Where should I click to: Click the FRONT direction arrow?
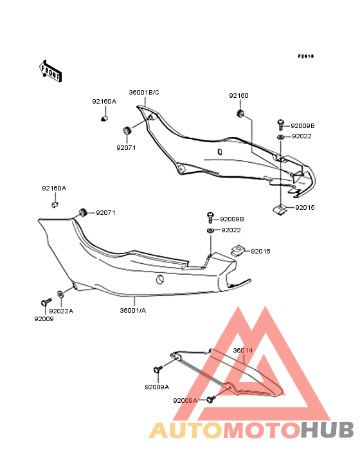50,71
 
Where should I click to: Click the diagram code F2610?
306,56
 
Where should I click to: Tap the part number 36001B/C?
144,93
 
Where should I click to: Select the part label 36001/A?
133,310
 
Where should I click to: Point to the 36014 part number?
243,350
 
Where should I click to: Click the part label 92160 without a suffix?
239,95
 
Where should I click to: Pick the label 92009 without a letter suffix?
44,319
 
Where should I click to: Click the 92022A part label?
61,311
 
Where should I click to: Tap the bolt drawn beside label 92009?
46,302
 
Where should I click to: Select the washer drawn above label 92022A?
60,294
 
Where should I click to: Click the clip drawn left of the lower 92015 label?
239,250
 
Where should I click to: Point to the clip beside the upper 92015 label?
280,209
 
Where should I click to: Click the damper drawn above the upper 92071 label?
127,131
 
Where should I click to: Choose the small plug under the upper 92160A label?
104,118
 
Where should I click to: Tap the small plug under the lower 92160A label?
54,205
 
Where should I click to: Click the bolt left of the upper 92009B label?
280,124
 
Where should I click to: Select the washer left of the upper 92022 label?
281,137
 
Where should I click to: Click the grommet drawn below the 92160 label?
240,113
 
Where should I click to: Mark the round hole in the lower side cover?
160,280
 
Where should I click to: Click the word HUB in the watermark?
327,430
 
